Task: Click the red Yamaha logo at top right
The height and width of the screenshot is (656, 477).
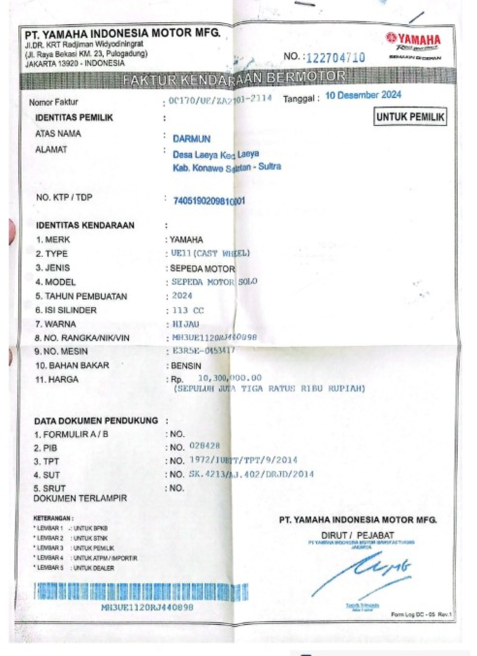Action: tap(413, 39)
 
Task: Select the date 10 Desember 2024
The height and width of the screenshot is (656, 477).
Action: tap(363, 95)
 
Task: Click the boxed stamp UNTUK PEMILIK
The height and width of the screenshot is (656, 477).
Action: tap(410, 117)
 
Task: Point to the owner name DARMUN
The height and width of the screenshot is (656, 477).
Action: tap(191, 139)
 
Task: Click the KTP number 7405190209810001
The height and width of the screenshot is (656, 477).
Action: tap(209, 201)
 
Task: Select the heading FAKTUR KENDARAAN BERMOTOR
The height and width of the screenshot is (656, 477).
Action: tap(234, 78)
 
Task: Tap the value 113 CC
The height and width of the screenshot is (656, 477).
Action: tap(188, 310)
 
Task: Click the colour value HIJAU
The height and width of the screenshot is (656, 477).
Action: tap(186, 324)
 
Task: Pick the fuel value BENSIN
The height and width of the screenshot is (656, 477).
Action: tap(186, 366)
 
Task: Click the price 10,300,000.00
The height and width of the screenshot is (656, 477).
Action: tap(230, 378)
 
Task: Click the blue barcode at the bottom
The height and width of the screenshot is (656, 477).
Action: tap(141, 591)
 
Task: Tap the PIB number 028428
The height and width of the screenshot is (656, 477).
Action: tap(204, 446)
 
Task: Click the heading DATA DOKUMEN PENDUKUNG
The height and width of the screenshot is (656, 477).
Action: tap(96, 421)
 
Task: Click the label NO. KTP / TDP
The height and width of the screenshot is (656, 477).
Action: tap(64, 197)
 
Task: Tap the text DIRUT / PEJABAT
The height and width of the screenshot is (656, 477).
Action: tap(357, 535)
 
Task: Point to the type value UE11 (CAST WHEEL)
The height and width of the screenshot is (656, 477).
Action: tap(210, 253)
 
